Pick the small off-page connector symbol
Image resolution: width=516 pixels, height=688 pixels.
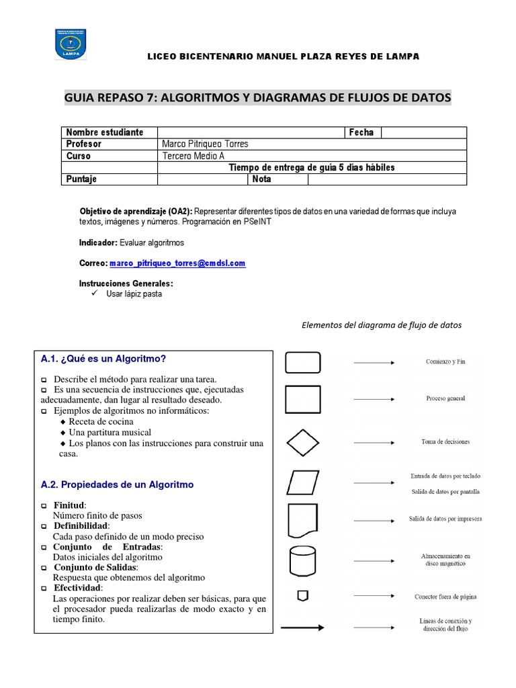coord(303,596)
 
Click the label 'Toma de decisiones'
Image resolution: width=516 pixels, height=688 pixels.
coord(445,442)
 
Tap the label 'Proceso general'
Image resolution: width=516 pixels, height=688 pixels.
coord(445,398)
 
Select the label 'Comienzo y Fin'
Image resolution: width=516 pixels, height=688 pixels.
coord(445,361)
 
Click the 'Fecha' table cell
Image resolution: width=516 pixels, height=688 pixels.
coord(361,132)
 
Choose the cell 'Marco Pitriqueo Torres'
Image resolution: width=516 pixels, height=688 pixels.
coord(205,144)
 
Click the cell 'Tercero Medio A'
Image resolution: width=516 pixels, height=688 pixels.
coord(193,156)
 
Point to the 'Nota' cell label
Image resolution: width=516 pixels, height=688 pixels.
coord(261,179)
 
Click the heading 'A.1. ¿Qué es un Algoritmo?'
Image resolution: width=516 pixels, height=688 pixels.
coord(103,359)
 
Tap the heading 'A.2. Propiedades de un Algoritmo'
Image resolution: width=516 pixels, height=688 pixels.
coord(117,484)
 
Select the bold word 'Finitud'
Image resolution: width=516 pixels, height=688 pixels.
coord(70,505)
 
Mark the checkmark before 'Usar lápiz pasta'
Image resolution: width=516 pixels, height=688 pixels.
coord(95,294)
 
